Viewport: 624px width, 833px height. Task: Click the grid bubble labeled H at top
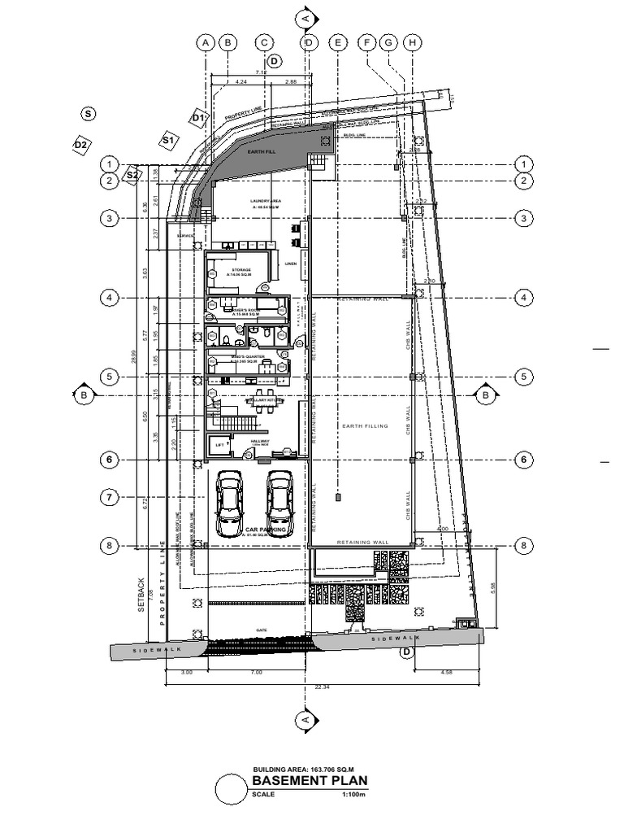(x=413, y=42)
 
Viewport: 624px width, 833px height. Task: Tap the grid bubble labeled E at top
(x=338, y=42)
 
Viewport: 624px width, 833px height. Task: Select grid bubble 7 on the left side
(x=110, y=496)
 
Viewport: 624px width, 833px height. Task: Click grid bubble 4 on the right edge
(x=525, y=298)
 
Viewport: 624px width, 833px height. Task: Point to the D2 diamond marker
(x=80, y=145)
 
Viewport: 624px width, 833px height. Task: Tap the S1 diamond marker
(x=168, y=140)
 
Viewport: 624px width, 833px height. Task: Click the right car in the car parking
(x=279, y=498)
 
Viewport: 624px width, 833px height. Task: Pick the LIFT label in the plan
(x=219, y=446)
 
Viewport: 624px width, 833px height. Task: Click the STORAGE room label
(x=240, y=269)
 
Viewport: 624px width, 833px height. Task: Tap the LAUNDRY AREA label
(x=264, y=199)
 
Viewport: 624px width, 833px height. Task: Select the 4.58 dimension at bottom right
(x=445, y=673)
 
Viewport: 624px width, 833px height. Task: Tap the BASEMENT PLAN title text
(x=310, y=781)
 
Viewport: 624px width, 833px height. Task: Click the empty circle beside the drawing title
(x=231, y=789)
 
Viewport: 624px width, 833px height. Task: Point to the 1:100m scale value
(x=351, y=794)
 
